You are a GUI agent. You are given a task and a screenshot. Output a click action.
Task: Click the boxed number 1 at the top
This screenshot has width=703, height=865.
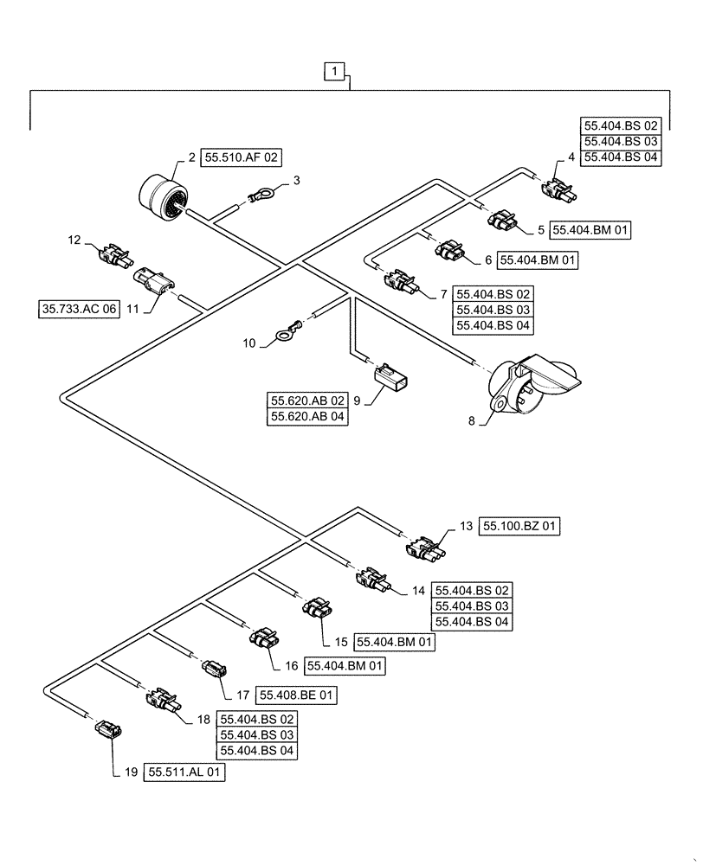(336, 71)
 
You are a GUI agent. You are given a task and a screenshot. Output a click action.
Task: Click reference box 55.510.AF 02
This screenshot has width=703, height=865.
(242, 157)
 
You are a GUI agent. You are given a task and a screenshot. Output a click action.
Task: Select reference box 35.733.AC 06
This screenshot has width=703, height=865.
(78, 307)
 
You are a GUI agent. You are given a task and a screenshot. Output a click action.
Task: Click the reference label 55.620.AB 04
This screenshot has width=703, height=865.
(308, 415)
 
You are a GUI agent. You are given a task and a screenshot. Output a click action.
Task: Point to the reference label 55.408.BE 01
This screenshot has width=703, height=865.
(293, 695)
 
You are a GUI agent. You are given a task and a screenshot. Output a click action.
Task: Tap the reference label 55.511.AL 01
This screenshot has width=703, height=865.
(186, 775)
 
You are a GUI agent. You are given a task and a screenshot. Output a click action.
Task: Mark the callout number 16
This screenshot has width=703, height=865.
(289, 666)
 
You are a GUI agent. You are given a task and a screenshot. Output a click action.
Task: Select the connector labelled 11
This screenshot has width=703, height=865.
(154, 281)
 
